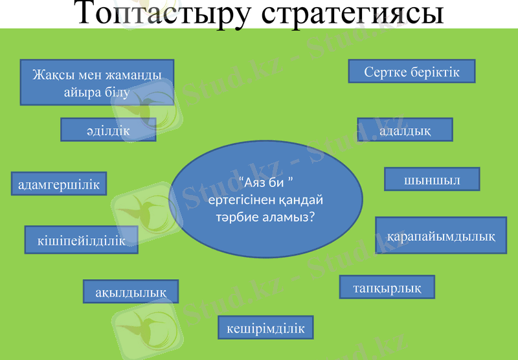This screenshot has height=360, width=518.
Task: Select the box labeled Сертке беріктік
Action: [412, 71]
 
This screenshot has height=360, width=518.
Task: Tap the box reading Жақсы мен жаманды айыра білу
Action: [97, 83]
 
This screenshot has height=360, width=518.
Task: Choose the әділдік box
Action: [108, 129]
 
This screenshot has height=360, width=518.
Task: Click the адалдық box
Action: [405, 129]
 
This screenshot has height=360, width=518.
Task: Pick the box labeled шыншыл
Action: [432, 180]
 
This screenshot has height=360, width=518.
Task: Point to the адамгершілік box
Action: [59, 184]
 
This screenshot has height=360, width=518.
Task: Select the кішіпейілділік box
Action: [81, 240]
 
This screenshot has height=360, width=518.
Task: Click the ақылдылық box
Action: [131, 292]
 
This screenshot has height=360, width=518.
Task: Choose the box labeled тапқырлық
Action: [387, 287]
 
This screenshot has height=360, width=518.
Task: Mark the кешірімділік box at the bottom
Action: [265, 328]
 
